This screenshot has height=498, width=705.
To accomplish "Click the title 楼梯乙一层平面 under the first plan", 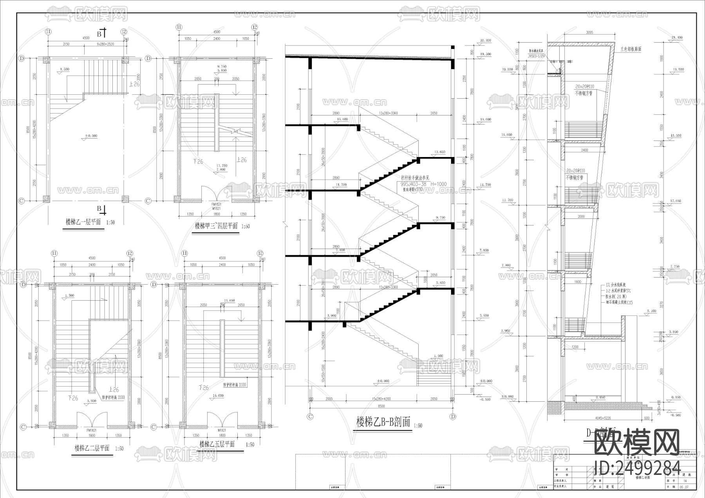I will coord(83,222).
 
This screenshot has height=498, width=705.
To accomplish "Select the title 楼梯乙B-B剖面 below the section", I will coord(383,422).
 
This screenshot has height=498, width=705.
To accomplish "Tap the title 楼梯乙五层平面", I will coord(217,444).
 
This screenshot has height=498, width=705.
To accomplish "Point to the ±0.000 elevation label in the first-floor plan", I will coord(91,136).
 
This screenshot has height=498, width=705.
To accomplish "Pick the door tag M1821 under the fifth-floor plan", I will coord(222,429).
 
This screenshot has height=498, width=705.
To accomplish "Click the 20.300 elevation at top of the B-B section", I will coord(485,40).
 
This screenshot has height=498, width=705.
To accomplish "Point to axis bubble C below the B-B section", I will coord(310,417).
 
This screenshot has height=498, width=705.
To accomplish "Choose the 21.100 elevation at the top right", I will coord(677,38).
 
